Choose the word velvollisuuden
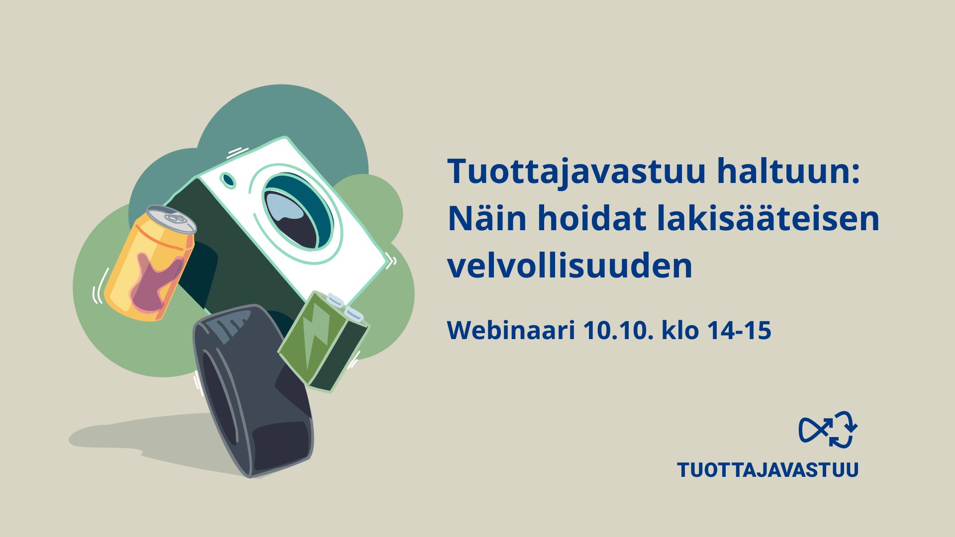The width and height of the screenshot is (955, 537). tap(570, 266)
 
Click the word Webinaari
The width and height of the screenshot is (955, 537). tap(511, 330)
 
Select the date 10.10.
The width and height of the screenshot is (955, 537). tap(618, 331)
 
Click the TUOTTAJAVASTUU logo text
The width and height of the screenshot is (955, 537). tap(768, 470)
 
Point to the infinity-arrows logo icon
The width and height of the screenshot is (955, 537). tap(828, 429)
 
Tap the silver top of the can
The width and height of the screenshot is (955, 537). tap(172, 219)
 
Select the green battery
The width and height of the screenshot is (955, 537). tap(324, 341)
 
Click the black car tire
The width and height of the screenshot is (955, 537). tap(253, 391)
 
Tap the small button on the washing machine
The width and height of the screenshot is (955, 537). tap(228, 180)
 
